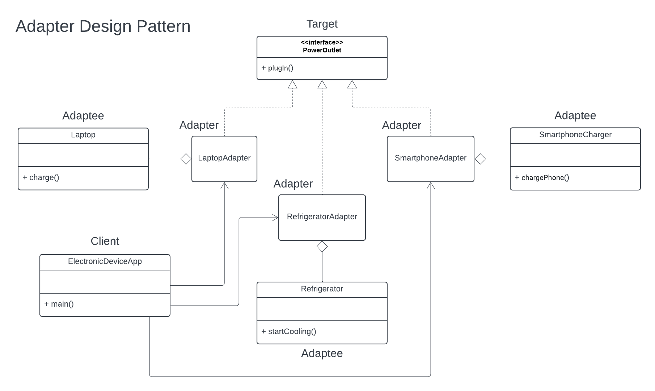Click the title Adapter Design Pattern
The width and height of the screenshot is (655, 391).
pos(103,26)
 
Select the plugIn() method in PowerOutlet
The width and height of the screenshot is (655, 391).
pos(278,68)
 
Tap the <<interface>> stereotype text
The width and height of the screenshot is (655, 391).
pos(322,42)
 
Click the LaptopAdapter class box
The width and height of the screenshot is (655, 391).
pos(224,159)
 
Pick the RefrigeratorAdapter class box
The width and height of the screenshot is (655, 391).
pos(322,217)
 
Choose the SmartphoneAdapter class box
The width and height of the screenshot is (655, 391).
pos(430,159)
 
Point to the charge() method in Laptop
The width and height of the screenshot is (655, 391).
pos(41,178)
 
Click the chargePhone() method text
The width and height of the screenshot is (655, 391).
pos(542,178)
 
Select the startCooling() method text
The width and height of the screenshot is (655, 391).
pos(289,332)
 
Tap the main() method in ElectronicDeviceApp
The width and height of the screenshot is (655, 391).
pos(59,304)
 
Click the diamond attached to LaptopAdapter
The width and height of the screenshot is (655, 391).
pos(186,159)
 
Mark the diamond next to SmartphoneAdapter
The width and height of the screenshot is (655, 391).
pos(480,159)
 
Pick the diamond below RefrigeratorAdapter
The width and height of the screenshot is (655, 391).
pos(322,247)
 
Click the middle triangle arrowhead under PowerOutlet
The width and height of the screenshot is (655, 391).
pos(322,85)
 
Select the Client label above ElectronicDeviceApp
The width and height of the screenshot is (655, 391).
pos(105,241)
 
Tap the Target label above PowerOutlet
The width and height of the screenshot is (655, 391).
pos(322,24)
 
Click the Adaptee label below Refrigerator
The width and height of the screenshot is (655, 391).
pos(322,353)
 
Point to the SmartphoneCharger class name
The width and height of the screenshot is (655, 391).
pos(575,135)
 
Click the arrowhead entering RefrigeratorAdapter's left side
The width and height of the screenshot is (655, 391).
pos(275,218)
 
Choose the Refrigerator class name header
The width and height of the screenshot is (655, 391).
pos(322,289)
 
